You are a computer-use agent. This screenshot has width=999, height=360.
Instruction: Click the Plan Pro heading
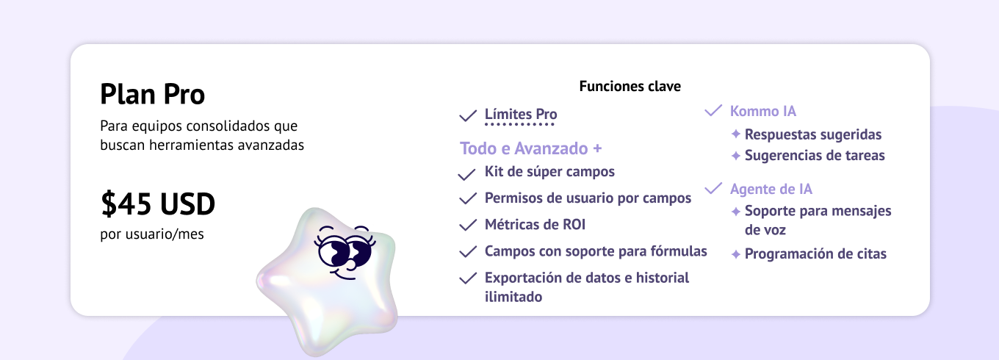153,94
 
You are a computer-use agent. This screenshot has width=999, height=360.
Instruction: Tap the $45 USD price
158,204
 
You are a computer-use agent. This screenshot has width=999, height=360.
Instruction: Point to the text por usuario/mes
151,234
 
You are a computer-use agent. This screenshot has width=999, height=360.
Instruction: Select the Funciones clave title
630,86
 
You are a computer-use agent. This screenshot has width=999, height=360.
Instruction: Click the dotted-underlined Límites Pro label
521,114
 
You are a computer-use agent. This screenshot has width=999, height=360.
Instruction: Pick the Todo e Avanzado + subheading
530,148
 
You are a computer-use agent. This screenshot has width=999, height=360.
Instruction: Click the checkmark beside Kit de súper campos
467,174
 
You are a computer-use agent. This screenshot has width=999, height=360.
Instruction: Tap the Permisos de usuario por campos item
588,198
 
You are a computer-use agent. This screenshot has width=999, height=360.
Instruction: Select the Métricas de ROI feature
535,224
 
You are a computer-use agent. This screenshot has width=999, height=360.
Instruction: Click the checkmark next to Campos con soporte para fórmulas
468,251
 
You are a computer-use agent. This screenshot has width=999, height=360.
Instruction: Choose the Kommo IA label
763,111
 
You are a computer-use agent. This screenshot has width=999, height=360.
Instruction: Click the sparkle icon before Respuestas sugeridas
736,134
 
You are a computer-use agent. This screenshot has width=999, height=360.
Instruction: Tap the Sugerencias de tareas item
815,155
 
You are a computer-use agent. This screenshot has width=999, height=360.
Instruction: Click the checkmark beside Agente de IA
713,188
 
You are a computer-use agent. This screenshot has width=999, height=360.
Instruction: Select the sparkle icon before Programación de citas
736,254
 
